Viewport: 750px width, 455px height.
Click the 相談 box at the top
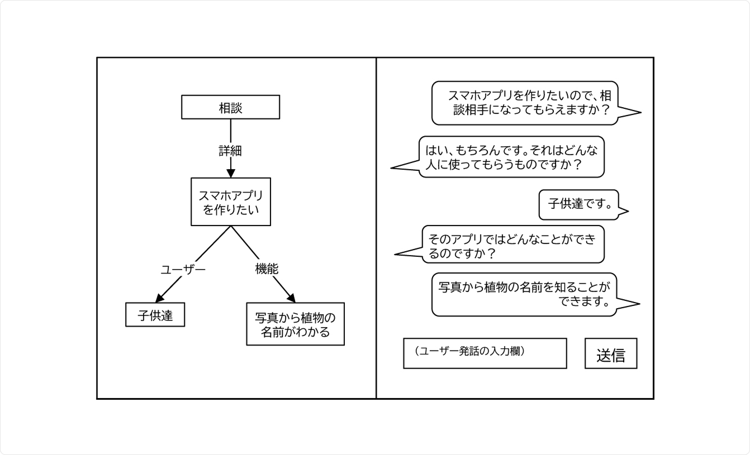point(230,107)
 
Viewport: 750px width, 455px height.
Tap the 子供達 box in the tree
point(155,316)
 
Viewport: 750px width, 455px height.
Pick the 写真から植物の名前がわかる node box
point(295,324)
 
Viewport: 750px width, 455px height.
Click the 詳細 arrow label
point(230,151)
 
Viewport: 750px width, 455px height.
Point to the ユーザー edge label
point(183,270)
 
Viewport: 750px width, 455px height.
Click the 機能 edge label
point(267,269)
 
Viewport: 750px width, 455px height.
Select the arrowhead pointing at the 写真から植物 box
point(291,297)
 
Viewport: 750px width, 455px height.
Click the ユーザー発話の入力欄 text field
point(485,353)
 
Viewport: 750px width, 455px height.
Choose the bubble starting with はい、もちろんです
point(511,157)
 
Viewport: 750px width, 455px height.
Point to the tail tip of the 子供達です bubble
point(628,212)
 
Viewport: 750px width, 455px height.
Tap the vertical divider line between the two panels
point(376,228)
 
